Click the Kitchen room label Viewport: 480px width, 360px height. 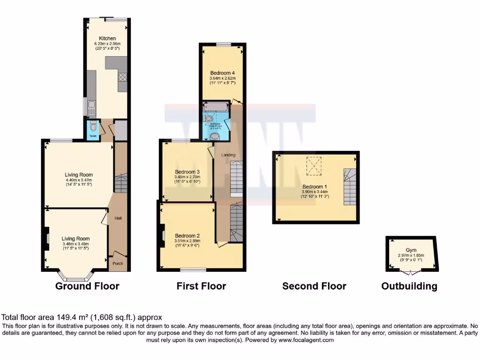click(x=107, y=38)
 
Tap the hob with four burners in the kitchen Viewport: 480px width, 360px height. click(x=123, y=78)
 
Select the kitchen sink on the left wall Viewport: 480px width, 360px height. click(x=91, y=107)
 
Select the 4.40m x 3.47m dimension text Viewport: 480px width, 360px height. click(x=79, y=180)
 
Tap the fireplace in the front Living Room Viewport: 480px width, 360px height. click(x=47, y=237)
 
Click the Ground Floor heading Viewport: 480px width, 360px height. click(x=87, y=286)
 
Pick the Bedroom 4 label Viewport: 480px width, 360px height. click(x=222, y=73)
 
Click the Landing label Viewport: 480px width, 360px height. click(x=228, y=155)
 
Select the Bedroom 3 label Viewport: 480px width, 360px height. click(x=187, y=172)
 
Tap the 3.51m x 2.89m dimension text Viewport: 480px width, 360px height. click(x=187, y=241)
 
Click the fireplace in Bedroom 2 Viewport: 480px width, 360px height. click(x=162, y=234)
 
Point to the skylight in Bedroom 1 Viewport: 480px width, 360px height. click(x=314, y=165)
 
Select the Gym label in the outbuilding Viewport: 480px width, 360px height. click(x=411, y=250)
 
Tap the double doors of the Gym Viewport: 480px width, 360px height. click(x=411, y=272)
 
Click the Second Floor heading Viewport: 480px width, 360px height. click(x=314, y=286)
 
